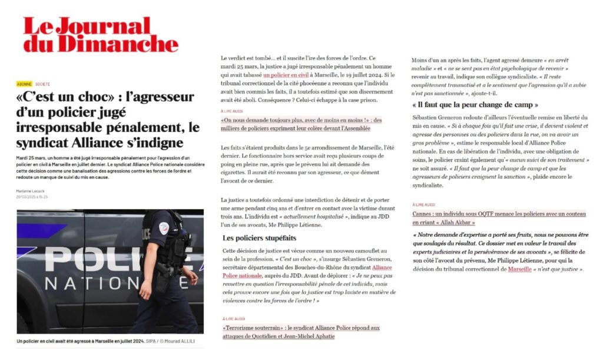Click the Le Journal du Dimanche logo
100,35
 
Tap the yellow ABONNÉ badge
24,84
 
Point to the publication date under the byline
32,197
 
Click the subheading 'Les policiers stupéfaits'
259,238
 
